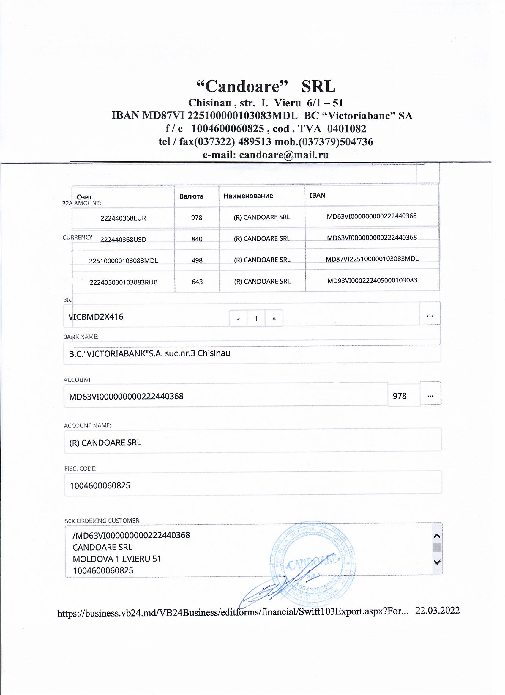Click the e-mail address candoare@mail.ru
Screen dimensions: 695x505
point(284,155)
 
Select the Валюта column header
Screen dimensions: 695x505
point(191,196)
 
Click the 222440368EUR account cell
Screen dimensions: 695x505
point(123,218)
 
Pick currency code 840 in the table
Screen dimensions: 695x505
point(197,239)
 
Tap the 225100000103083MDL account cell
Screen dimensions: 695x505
point(123,261)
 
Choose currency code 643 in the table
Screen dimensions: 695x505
point(197,282)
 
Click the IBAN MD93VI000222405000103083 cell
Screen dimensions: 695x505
point(372,280)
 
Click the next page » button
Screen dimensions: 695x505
point(274,319)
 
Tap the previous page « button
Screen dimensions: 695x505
point(238,319)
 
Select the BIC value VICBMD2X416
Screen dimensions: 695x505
point(96,317)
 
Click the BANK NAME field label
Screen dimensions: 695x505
point(81,337)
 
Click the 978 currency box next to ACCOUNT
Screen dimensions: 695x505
point(400,396)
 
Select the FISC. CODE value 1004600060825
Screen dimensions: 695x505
point(100,485)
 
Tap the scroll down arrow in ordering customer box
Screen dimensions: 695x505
point(437,562)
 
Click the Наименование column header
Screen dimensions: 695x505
point(248,196)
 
